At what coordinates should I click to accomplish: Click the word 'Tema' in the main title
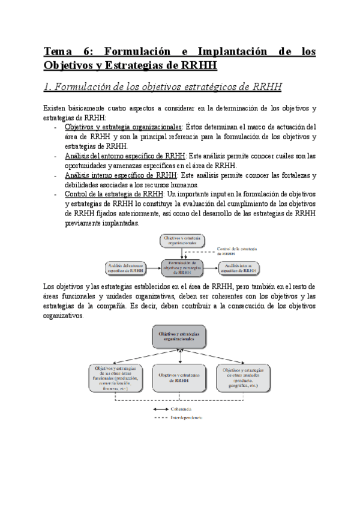point(58,52)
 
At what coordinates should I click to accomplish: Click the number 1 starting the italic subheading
point(48,86)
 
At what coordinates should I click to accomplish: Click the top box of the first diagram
point(181,241)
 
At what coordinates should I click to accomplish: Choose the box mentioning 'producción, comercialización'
point(116,378)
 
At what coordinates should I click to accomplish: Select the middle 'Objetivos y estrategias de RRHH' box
point(181,378)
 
